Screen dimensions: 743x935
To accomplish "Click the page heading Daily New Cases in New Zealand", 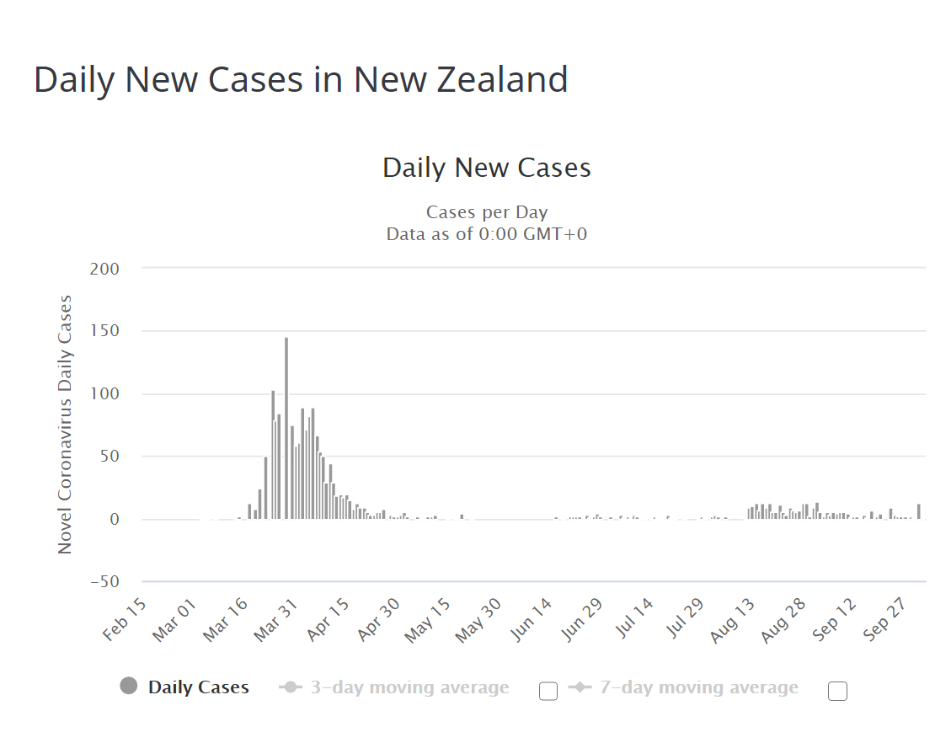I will coord(301,80).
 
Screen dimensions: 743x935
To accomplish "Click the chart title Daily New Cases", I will coord(486,168).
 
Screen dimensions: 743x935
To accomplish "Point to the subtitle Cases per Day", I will coord(486,212).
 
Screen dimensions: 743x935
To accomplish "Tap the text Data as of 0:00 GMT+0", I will coord(486,234).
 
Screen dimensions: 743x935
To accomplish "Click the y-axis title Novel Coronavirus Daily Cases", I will coord(65,425).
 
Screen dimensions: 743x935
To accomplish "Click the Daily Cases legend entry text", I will coord(199,687).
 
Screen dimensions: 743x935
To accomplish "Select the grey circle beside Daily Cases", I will coord(129,687).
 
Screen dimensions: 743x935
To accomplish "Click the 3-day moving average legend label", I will coord(409,688).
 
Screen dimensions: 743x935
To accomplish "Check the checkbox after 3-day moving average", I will coord(548,692).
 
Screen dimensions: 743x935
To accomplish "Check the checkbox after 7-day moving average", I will coord(837,692).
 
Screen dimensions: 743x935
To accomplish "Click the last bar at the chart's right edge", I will coord(918,511).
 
